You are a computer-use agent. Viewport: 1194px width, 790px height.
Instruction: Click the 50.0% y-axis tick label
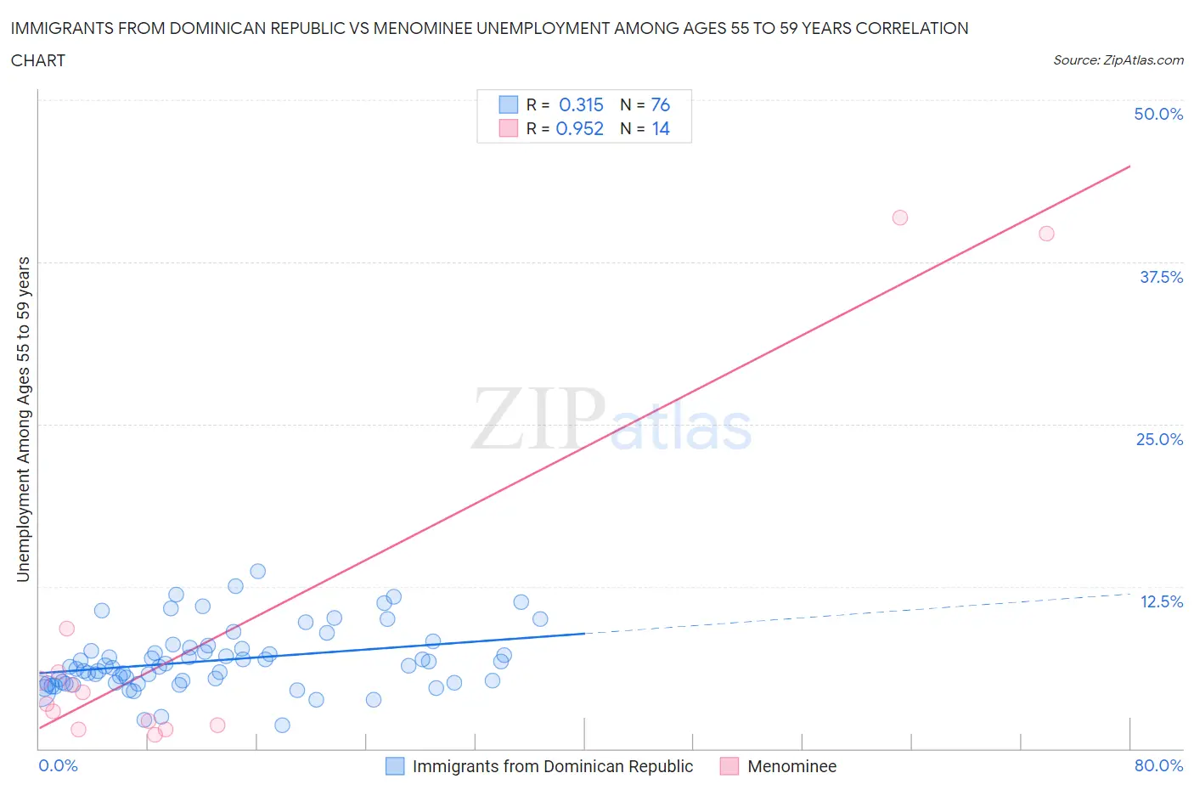(1158, 114)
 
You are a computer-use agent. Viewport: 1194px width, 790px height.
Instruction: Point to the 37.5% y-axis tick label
(1161, 277)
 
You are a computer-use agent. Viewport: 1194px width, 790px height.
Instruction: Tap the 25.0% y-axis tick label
(1159, 439)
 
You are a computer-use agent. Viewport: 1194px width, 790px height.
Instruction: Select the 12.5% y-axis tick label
(1161, 601)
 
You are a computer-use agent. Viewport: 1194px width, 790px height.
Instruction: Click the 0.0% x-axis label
(58, 765)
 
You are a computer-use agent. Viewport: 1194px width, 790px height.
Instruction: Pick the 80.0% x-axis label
(1158, 765)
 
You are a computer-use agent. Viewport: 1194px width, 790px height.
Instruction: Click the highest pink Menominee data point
(900, 217)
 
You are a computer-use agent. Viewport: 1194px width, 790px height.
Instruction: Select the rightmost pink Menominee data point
(1046, 234)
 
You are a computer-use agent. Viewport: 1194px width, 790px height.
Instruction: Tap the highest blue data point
(257, 572)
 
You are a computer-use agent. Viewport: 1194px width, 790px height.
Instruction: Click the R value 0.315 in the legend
(581, 104)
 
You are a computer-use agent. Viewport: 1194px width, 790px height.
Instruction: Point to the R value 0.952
(579, 128)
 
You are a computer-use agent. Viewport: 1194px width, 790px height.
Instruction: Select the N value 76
(660, 104)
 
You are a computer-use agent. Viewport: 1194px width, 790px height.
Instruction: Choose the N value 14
(660, 128)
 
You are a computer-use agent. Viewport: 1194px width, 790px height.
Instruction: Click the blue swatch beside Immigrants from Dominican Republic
(395, 766)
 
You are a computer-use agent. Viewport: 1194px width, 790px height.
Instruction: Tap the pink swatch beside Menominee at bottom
(729, 766)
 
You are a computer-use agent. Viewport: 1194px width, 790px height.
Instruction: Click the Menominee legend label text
(791, 766)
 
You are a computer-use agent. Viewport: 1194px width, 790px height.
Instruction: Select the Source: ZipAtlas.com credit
(1118, 59)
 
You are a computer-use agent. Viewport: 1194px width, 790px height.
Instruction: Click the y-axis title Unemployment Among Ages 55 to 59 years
(23, 419)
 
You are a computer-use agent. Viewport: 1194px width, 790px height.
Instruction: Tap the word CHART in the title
(37, 60)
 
